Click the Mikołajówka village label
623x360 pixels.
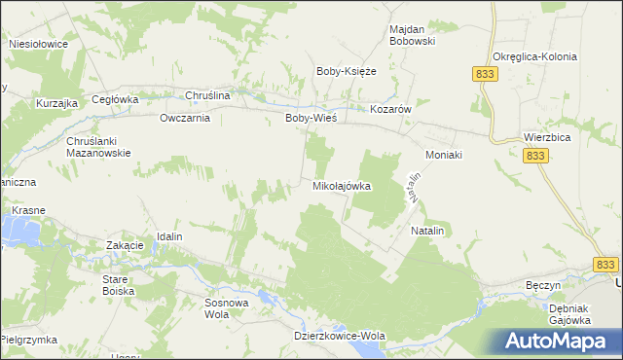click(x=342, y=186)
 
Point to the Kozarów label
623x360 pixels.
click(x=392, y=110)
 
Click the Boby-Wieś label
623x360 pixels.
click(x=311, y=118)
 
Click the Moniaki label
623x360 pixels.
click(x=443, y=155)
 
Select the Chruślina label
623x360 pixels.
click(x=207, y=96)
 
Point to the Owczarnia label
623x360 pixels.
click(x=185, y=118)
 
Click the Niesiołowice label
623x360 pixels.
click(x=37, y=44)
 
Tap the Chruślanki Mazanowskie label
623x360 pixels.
click(x=98, y=147)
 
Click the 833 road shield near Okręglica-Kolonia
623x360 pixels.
click(x=484, y=74)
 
